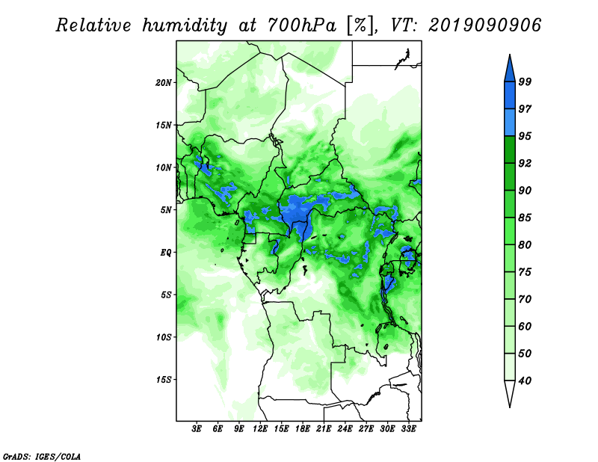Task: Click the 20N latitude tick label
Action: click(x=164, y=83)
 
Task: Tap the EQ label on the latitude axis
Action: click(x=166, y=253)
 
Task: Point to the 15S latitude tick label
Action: click(x=164, y=380)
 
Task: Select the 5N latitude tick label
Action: click(x=166, y=210)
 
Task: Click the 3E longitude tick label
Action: click(x=197, y=429)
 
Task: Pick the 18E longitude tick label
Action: click(x=303, y=429)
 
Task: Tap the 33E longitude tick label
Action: click(x=408, y=429)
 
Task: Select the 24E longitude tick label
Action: click(x=345, y=429)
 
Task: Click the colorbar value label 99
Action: click(x=525, y=81)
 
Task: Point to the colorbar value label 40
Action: click(x=525, y=381)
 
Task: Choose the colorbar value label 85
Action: click(x=525, y=218)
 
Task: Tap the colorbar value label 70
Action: click(x=525, y=299)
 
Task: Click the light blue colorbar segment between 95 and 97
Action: click(x=510, y=123)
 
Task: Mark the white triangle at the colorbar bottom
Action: click(x=510, y=393)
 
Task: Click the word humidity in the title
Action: click(x=185, y=26)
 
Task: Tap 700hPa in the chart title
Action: click(x=302, y=25)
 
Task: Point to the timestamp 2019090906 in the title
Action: click(x=484, y=25)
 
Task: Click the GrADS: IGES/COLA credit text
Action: click(x=42, y=456)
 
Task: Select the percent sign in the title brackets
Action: click(x=360, y=25)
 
